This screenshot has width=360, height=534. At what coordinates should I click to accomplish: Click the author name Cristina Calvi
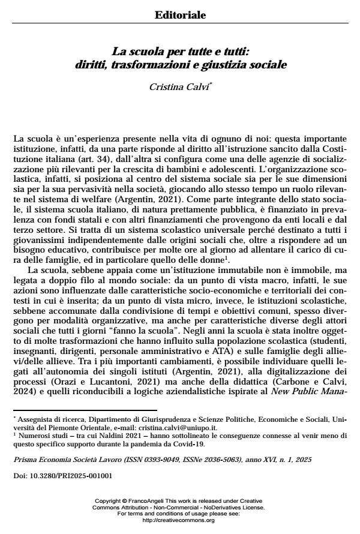tap(179, 88)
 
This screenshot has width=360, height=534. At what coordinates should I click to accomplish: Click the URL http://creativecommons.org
tap(179, 520)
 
